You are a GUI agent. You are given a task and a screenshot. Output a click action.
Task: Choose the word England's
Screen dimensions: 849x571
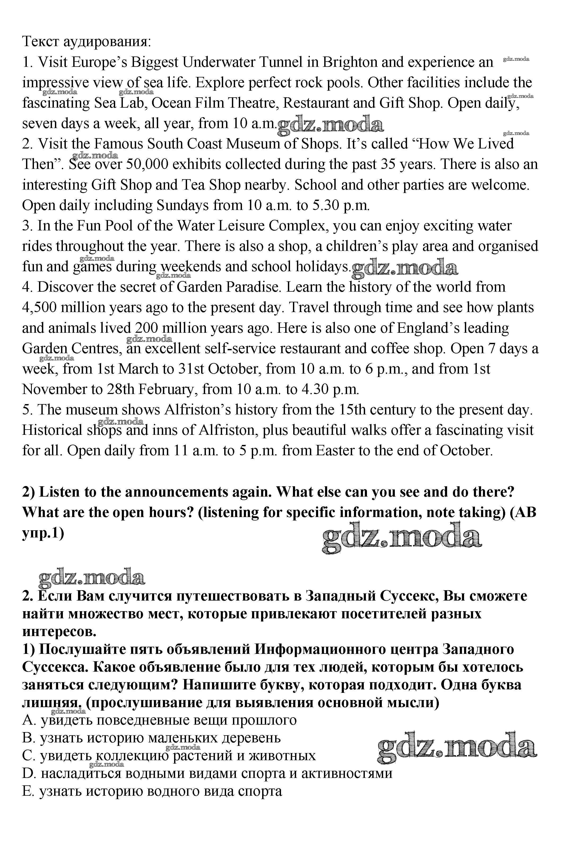pos(422,328)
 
